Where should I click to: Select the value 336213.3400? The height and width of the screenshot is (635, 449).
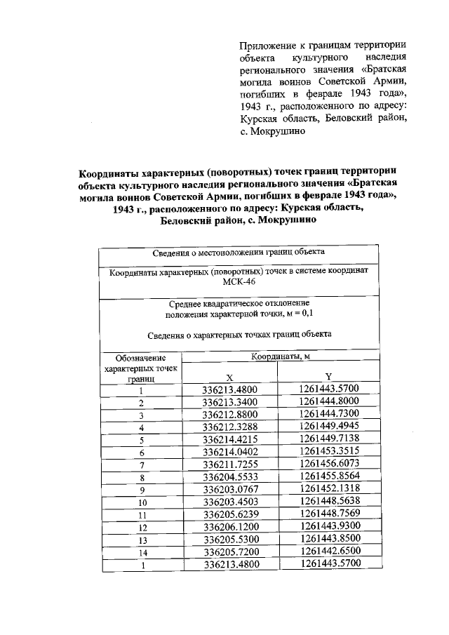click(x=230, y=402)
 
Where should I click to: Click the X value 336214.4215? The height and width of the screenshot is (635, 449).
click(x=230, y=439)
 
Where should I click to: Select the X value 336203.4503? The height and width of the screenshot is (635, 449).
click(x=230, y=502)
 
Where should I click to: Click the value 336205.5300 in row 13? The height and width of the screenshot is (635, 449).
click(x=230, y=540)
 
